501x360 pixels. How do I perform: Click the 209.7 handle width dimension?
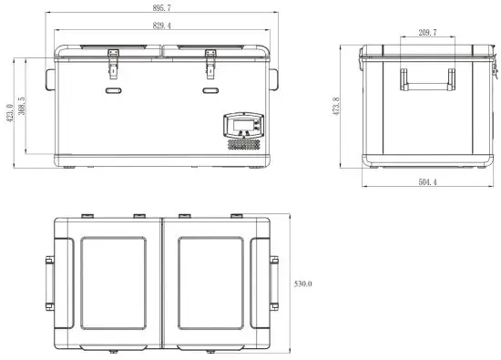point(426,33)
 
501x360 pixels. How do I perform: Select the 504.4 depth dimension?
point(425,182)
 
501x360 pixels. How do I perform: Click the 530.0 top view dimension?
point(303,284)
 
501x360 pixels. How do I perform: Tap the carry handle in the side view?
point(427,82)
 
